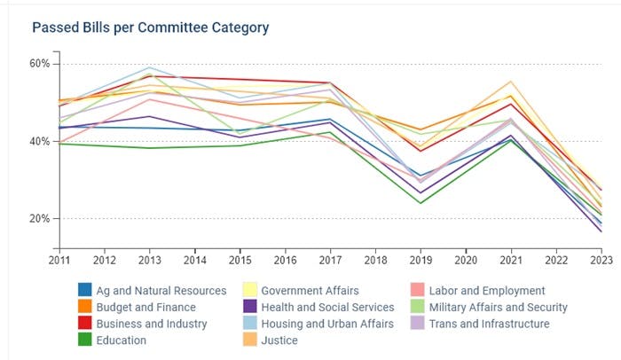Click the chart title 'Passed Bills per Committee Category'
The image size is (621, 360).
click(x=151, y=27)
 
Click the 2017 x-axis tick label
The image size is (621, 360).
click(x=329, y=260)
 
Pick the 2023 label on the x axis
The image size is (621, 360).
click(x=601, y=260)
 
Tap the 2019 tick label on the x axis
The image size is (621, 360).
click(x=420, y=260)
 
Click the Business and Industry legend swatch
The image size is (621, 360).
click(x=84, y=324)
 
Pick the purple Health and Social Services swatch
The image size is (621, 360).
click(x=251, y=307)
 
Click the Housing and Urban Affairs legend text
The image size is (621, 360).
click(x=326, y=324)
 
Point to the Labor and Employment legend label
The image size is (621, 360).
click(x=488, y=290)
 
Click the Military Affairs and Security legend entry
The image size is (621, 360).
click(x=499, y=307)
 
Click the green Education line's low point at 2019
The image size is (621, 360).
click(x=420, y=203)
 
